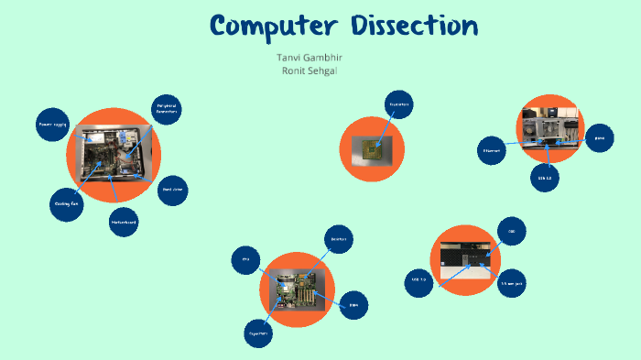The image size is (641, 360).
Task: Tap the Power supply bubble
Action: [52, 124]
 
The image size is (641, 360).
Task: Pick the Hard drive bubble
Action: [173, 191]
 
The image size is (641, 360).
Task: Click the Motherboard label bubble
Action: [123, 222]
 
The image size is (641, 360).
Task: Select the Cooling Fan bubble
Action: [67, 203]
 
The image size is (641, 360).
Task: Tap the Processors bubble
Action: [397, 104]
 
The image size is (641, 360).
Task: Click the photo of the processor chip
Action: [372, 147]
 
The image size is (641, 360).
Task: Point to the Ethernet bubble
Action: [492, 149]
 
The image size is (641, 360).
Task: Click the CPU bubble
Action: [246, 260]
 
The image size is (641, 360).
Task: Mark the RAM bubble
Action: [353, 305]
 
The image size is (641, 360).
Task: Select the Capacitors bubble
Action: [259, 334]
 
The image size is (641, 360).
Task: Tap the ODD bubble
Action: [512, 232]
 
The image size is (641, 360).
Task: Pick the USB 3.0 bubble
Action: [420, 279]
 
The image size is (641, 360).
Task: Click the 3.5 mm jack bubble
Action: [511, 284]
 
